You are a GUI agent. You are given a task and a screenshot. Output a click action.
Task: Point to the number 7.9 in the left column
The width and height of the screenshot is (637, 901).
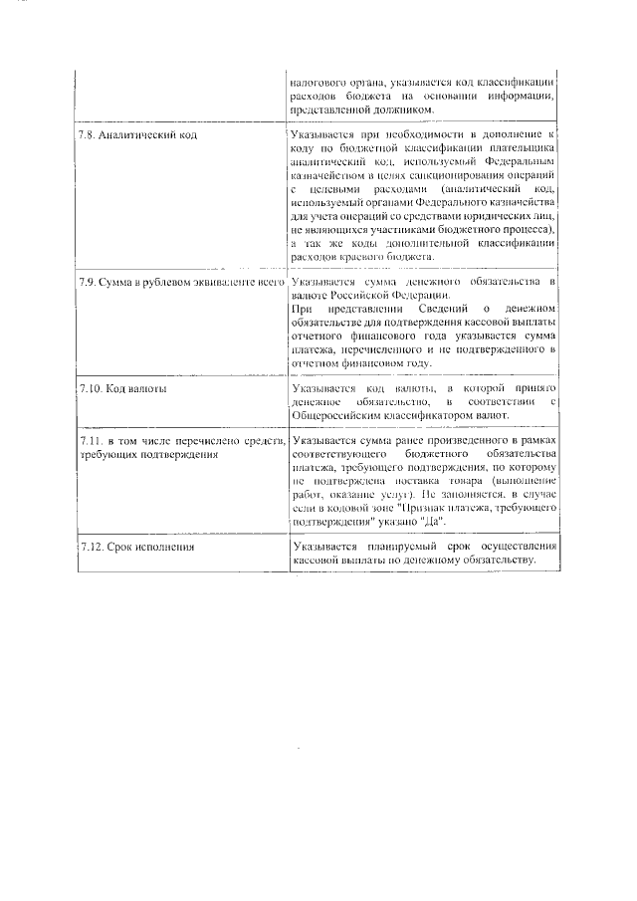(88, 283)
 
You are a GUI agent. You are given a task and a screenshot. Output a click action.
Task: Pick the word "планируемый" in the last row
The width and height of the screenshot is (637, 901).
(399, 547)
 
